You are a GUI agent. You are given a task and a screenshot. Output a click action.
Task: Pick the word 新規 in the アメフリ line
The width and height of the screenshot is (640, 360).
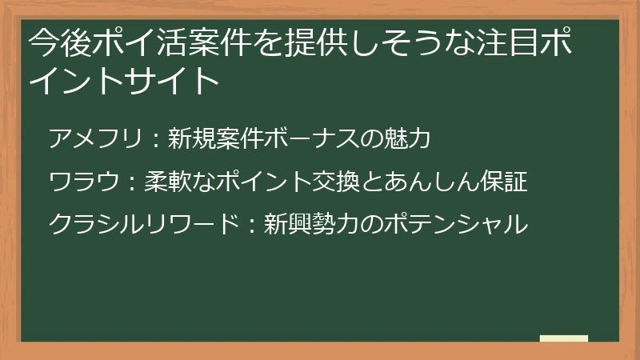[x=192, y=139]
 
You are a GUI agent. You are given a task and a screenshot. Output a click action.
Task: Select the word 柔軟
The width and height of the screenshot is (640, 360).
[x=168, y=182]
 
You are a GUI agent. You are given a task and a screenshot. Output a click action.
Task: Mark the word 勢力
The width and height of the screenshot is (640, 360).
[x=336, y=224]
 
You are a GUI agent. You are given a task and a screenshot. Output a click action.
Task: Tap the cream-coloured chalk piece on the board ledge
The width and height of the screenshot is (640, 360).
[x=563, y=338]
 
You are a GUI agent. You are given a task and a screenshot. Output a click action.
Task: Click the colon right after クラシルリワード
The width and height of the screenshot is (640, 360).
[x=249, y=225]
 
